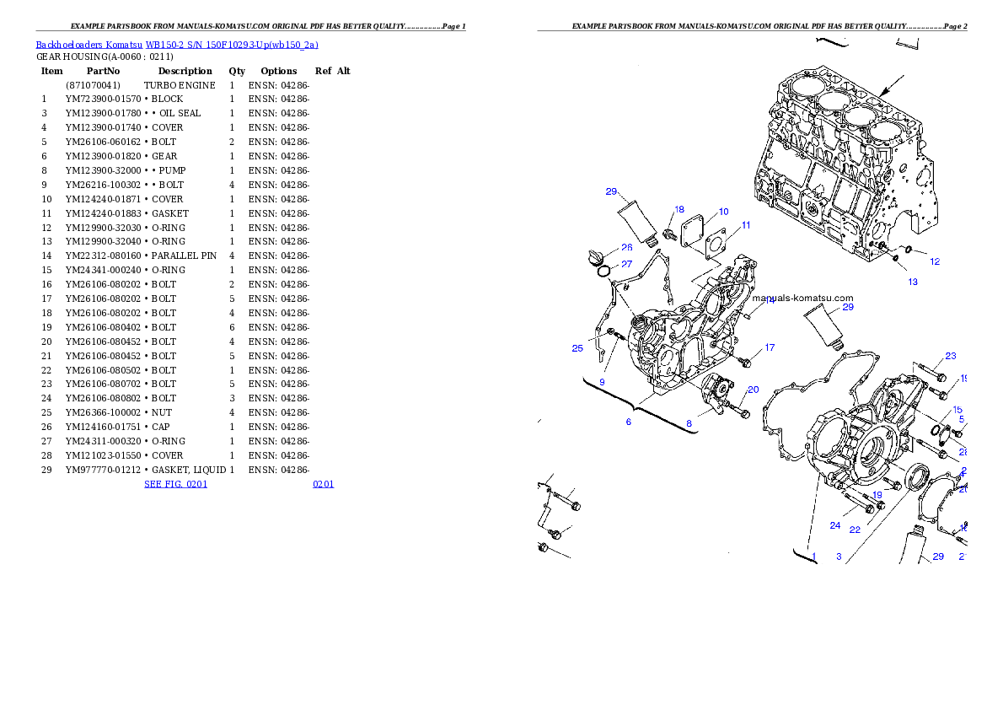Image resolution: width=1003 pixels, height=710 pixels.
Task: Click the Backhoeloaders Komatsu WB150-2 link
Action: pyautogui.click(x=177, y=45)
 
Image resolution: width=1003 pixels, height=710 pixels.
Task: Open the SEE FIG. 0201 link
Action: pyautogui.click(x=175, y=484)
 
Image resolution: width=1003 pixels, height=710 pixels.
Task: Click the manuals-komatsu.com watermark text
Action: pyautogui.click(x=802, y=298)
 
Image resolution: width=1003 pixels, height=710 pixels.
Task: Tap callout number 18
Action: pyautogui.click(x=678, y=209)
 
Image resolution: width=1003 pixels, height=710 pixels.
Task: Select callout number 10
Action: pyautogui.click(x=723, y=212)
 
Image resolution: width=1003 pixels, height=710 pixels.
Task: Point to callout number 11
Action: pyautogui.click(x=746, y=225)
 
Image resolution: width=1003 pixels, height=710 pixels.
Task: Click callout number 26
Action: pyautogui.click(x=626, y=248)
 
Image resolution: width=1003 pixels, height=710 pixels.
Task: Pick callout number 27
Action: pyautogui.click(x=626, y=264)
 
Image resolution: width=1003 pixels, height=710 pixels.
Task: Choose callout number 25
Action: pyautogui.click(x=577, y=348)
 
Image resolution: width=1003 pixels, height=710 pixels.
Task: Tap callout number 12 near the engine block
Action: pyautogui.click(x=935, y=261)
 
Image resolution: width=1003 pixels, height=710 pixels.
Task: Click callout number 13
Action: pyautogui.click(x=913, y=282)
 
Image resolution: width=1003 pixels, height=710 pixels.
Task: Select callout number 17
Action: pyautogui.click(x=769, y=347)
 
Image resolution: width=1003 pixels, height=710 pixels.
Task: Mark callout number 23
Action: pyautogui.click(x=950, y=356)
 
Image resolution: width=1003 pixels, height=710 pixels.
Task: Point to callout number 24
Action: pyautogui.click(x=834, y=525)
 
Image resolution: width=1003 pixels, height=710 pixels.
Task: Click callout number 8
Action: pyautogui.click(x=689, y=423)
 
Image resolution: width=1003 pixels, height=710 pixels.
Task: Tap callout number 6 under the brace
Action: pyautogui.click(x=628, y=422)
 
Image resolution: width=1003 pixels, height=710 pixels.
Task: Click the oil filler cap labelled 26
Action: pyautogui.click(x=595, y=255)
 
